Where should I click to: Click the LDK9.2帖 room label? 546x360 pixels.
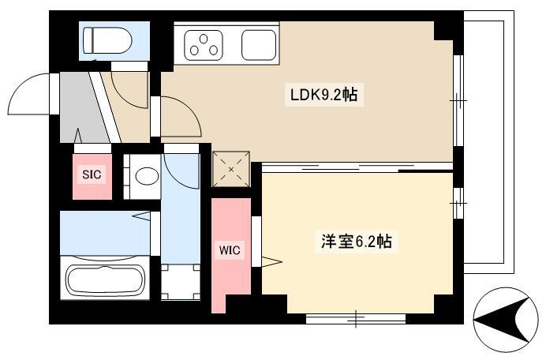click(323, 95)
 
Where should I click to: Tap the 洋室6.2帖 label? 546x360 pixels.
click(356, 241)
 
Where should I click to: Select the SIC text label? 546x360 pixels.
click(92, 174)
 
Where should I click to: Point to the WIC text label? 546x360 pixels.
click(230, 250)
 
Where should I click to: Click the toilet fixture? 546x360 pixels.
click(107, 40)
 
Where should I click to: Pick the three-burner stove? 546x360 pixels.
click(204, 45)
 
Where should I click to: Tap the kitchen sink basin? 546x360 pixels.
click(259, 45)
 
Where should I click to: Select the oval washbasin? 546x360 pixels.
click(147, 177)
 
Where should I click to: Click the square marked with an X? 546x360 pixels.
click(231, 170)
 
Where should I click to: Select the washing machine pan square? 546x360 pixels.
click(181, 282)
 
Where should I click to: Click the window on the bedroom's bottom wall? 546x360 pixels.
click(356, 318)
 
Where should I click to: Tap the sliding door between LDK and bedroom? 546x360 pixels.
click(357, 167)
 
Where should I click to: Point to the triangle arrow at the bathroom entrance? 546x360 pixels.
click(141, 216)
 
